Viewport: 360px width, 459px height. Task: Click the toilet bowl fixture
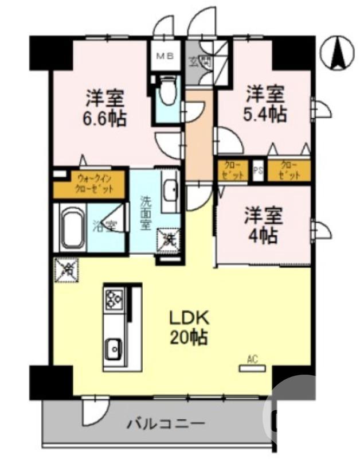pos(167,92)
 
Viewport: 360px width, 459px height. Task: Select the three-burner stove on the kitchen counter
pos(113,299)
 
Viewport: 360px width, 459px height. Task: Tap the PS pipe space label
pos(259,170)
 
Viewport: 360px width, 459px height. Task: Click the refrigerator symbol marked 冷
pos(66,269)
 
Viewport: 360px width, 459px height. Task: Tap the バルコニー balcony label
pos(166,425)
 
